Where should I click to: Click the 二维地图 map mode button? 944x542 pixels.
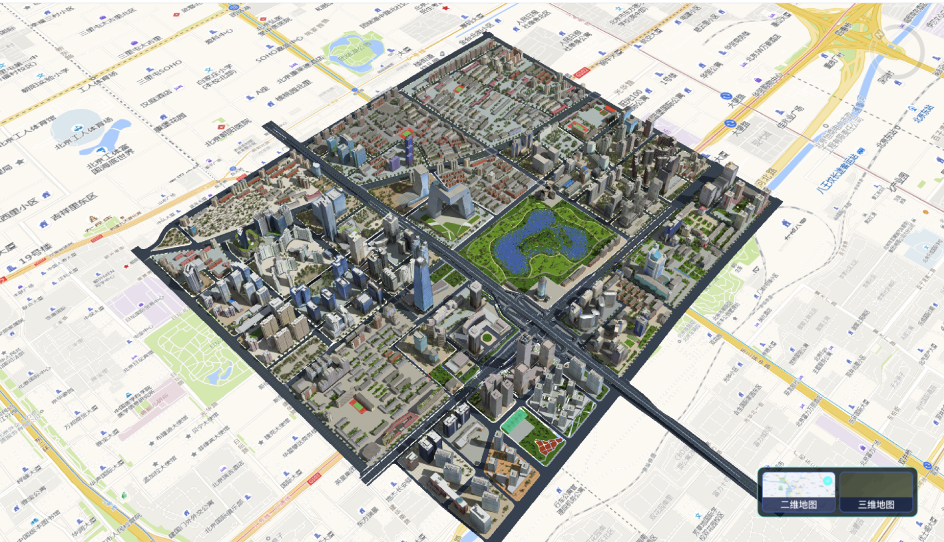pyautogui.click(x=798, y=491)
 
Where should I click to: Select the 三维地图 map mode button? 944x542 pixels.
pyautogui.click(x=876, y=491)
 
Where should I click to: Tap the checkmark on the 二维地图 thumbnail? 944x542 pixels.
pyautogui.click(x=827, y=481)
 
